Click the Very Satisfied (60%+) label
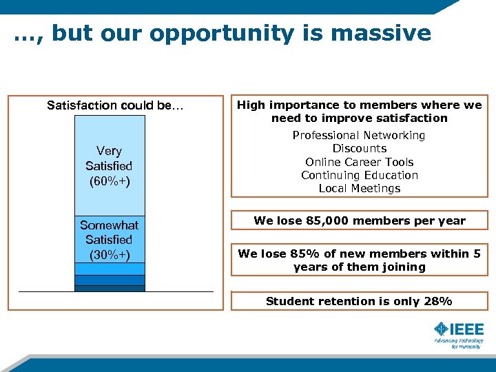(x=109, y=166)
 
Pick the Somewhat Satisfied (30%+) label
(x=109, y=240)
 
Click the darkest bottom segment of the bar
(x=110, y=289)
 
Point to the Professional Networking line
(x=359, y=136)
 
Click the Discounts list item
(x=360, y=149)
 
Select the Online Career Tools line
(x=360, y=162)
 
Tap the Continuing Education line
(x=360, y=175)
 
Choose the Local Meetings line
(x=360, y=188)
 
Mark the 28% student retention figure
(x=438, y=301)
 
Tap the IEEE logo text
(x=467, y=329)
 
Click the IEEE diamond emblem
(x=441, y=329)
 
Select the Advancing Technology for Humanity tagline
(x=458, y=343)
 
